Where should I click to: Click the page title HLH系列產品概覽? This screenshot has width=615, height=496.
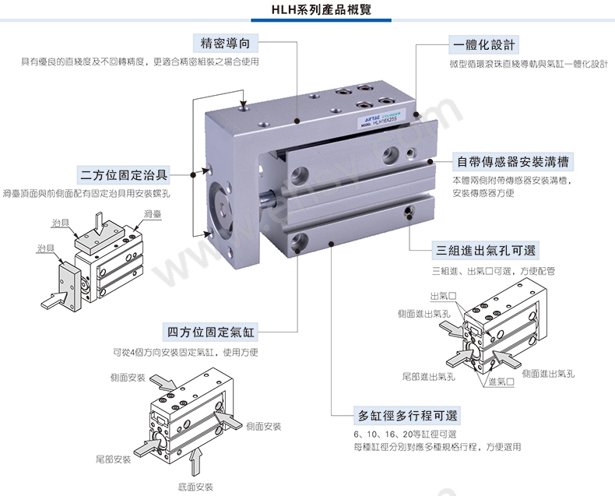pyautogui.click(x=322, y=9)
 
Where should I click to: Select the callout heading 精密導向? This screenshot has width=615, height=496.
pyautogui.click(x=226, y=43)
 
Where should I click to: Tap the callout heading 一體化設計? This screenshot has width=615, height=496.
pyautogui.click(x=484, y=44)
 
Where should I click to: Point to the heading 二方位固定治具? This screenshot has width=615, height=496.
pyautogui.click(x=124, y=175)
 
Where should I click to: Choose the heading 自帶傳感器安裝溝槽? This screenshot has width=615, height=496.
pyautogui.click(x=513, y=162)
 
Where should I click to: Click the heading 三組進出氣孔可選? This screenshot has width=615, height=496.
pyautogui.click(x=486, y=251)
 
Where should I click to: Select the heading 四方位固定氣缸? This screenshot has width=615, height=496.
pyautogui.click(x=211, y=332)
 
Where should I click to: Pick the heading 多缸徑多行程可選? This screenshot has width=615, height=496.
pyautogui.click(x=407, y=416)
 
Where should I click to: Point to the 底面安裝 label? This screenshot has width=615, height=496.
pyautogui.click(x=195, y=487)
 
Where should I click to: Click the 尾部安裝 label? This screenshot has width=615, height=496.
pyautogui.click(x=113, y=459)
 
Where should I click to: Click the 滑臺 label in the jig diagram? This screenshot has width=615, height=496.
pyautogui.click(x=153, y=214)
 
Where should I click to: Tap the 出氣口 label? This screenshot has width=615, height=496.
pyautogui.click(x=444, y=296)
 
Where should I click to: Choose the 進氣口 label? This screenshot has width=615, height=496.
pyautogui.click(x=501, y=382)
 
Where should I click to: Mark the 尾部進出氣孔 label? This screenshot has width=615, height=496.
pyautogui.click(x=429, y=377)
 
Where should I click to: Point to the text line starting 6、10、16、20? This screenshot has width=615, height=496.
pyautogui.click(x=405, y=434)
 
